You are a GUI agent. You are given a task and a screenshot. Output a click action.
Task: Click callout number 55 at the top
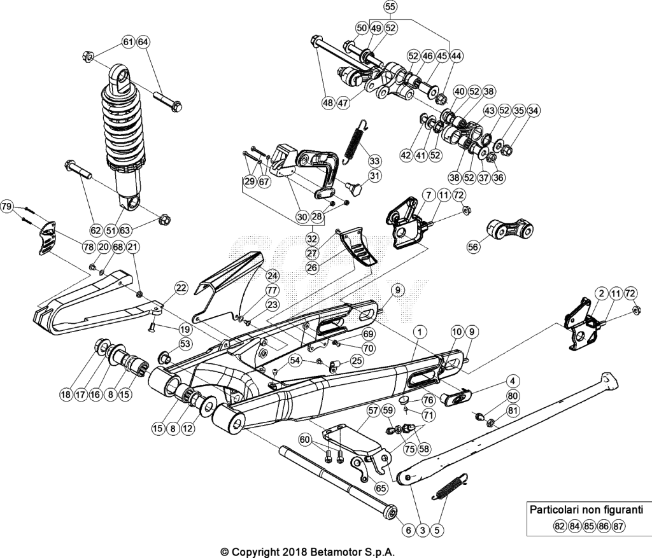click(390, 7)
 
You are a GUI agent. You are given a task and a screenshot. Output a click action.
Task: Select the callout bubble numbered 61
click(128, 42)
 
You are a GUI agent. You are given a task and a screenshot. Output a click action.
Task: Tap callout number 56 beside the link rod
click(473, 247)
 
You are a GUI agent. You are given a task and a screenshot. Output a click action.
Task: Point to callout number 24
click(273, 276)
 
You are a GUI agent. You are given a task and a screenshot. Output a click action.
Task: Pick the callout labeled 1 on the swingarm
click(420, 332)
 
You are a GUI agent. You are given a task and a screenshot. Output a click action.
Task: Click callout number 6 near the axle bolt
click(408, 530)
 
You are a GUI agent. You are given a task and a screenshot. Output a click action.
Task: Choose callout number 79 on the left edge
click(7, 207)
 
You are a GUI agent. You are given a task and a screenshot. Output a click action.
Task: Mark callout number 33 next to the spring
click(374, 161)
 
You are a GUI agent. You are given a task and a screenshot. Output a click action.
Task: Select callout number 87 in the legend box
click(618, 526)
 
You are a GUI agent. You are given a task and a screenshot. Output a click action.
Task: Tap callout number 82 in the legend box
click(560, 526)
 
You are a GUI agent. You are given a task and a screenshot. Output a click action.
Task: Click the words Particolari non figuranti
click(586, 510)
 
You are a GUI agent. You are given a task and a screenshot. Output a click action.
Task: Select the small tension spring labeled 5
click(450, 486)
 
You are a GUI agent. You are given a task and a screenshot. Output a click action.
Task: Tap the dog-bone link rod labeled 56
click(510, 228)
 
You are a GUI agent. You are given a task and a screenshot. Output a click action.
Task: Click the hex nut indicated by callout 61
click(88, 56)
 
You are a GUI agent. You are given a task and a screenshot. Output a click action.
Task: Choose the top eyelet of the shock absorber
click(120, 79)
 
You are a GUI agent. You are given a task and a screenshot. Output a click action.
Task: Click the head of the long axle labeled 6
click(390, 512)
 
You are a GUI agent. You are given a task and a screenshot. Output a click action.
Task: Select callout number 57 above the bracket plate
click(373, 411)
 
